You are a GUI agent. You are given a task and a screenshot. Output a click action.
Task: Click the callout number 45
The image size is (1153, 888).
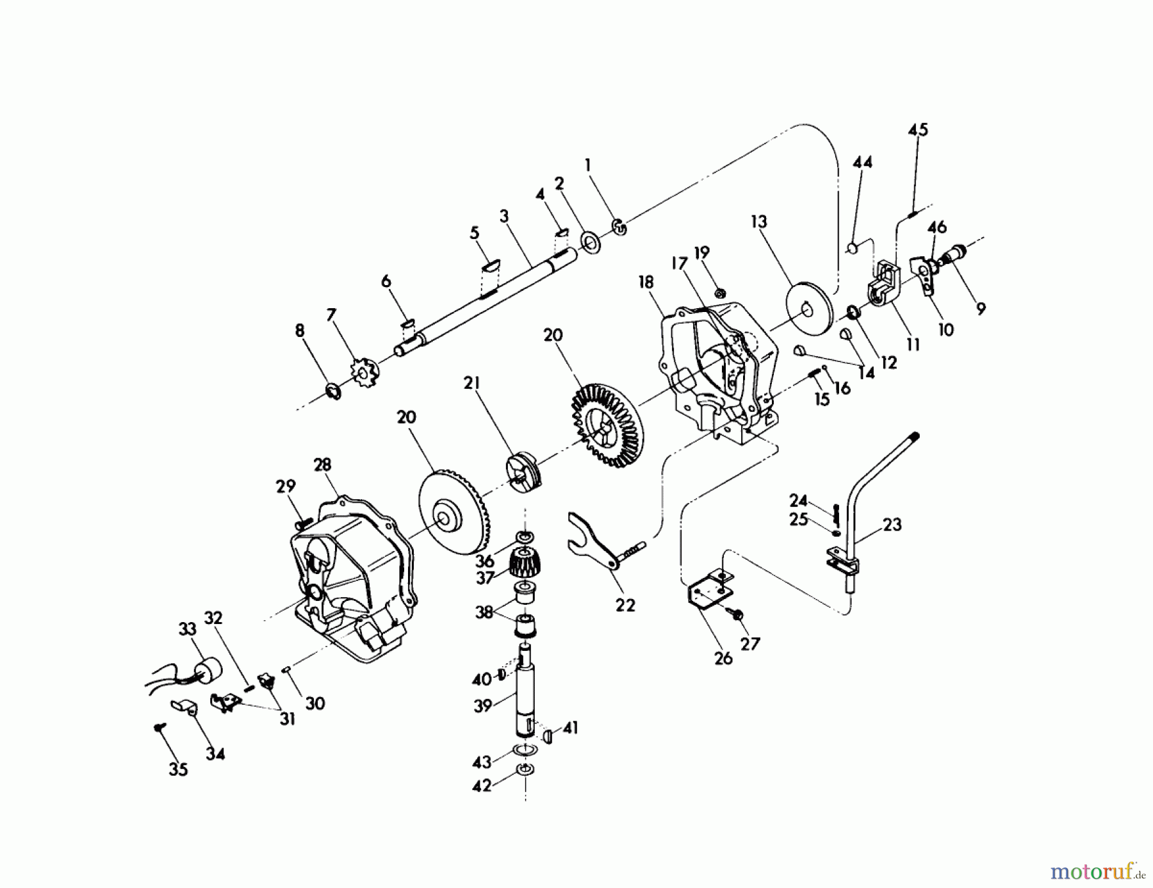tap(917, 129)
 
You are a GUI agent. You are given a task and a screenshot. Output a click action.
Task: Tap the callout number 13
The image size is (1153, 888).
tap(758, 222)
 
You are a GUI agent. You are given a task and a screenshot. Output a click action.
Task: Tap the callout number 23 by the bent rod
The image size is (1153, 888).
tap(892, 525)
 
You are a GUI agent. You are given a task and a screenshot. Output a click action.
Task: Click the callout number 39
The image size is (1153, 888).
tap(482, 705)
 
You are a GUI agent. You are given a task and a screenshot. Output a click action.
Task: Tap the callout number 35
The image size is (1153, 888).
tap(178, 769)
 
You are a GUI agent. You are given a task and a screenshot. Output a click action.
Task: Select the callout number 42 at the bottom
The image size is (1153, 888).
tap(482, 785)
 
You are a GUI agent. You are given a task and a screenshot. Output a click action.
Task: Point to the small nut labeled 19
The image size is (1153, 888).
tap(720, 293)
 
